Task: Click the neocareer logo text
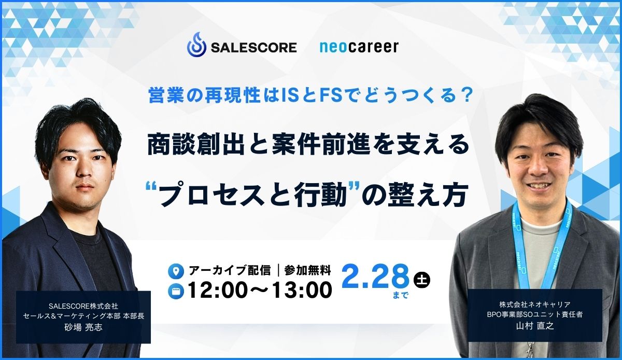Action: click(359, 47)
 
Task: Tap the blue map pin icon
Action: click(176, 271)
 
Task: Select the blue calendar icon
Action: click(176, 292)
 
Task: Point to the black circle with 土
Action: click(421, 279)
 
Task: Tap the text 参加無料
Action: click(307, 270)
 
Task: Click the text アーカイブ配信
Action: click(230, 270)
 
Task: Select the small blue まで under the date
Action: click(401, 295)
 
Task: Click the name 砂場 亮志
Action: click(83, 327)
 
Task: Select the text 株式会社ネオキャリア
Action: click(535, 304)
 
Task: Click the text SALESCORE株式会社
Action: click(83, 306)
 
